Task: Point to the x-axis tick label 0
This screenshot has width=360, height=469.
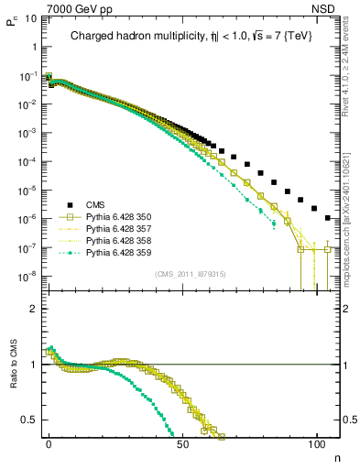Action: pos(49,442)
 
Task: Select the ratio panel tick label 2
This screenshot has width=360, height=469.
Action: pos(36,309)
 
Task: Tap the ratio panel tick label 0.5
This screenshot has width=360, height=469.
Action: pos(31,420)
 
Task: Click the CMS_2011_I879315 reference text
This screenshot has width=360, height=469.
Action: pos(189,274)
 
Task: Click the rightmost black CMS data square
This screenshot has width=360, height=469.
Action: pos(329,218)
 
